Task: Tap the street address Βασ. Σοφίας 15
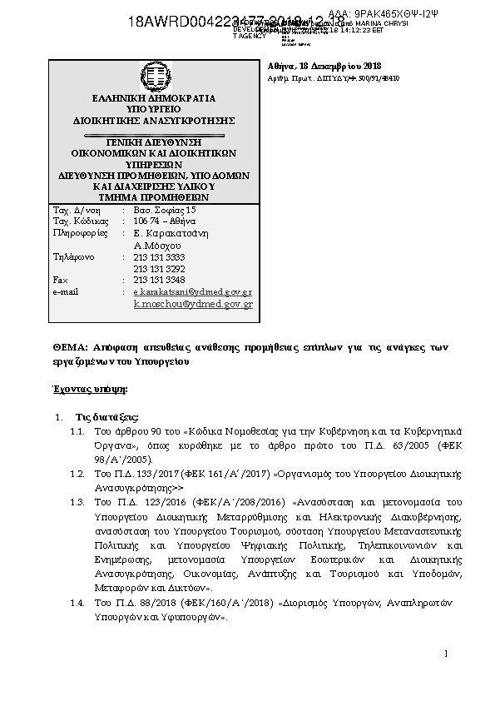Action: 165,210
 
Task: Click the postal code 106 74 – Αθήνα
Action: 166,221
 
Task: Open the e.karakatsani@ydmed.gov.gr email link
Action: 193,293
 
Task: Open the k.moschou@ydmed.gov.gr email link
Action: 193,305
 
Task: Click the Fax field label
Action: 59,281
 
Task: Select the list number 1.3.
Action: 77,502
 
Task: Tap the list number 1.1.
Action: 77,434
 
